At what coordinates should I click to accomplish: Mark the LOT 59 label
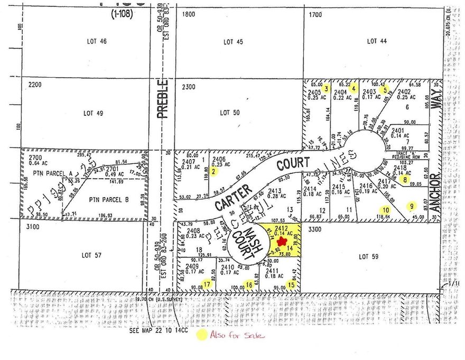click(370, 257)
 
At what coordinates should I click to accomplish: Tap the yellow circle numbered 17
click(207, 285)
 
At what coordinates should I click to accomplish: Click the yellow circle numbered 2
click(213, 171)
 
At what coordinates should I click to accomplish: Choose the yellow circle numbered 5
click(386, 89)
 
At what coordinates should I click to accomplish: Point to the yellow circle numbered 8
click(405, 180)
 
